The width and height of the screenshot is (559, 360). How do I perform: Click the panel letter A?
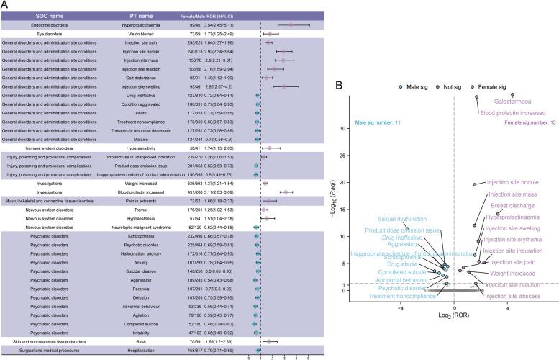pos(5,5)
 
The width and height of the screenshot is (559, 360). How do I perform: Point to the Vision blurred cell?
pos(150,33)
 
